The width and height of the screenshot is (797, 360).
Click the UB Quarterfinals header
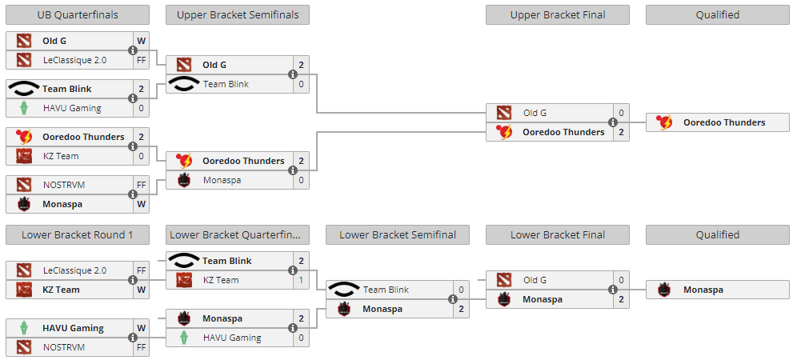(x=77, y=14)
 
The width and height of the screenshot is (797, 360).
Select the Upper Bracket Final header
(x=557, y=14)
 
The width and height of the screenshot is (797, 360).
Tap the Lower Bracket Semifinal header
(x=397, y=234)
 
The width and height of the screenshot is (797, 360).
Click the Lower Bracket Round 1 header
(x=77, y=234)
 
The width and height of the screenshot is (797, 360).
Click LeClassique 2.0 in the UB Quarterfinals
(x=74, y=60)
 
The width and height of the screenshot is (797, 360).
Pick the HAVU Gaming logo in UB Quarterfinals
(x=25, y=108)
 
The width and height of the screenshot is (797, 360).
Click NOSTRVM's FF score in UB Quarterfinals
(x=141, y=185)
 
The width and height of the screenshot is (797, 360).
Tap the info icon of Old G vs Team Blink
(x=293, y=74)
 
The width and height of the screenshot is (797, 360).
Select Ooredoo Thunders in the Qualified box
(x=723, y=122)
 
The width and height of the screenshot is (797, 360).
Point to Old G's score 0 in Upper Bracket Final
(x=621, y=113)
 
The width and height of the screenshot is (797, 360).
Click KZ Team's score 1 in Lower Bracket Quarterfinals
(x=301, y=280)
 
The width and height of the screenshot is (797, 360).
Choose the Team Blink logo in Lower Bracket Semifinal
(x=345, y=290)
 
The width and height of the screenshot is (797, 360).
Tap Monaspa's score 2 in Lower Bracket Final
(x=621, y=299)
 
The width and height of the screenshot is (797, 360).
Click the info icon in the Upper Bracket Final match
(x=613, y=122)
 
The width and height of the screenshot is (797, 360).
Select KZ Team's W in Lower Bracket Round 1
(x=141, y=290)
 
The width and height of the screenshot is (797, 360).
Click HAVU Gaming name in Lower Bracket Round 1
(x=74, y=328)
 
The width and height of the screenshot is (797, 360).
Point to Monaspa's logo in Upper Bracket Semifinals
(x=185, y=180)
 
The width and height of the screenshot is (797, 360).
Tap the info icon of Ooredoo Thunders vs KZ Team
(x=133, y=146)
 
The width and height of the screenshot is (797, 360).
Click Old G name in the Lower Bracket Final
(x=535, y=280)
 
